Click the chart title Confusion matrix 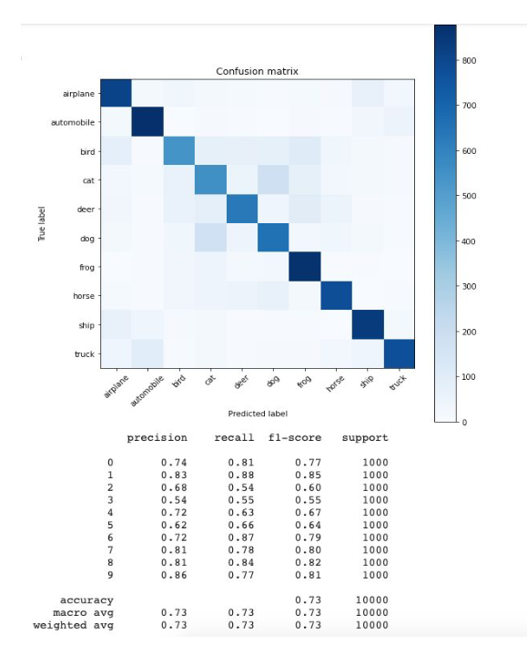[x=257, y=71]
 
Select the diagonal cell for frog [x=305, y=267]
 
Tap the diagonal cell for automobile [x=147, y=121]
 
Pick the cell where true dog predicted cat [x=210, y=238]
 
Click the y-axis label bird [x=87, y=151]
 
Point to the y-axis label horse [x=84, y=296]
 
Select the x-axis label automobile [x=147, y=391]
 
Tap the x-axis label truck [x=398, y=383]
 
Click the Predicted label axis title [x=258, y=414]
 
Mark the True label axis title [x=42, y=223]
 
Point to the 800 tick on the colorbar [x=469, y=60]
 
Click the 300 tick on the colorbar [x=469, y=287]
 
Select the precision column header [x=157, y=438]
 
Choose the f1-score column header [x=295, y=438]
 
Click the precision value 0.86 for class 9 [x=174, y=575]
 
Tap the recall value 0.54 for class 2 [x=241, y=487]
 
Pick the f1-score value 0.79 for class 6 [x=308, y=537]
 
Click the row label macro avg [x=83, y=613]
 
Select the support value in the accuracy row [x=371, y=600]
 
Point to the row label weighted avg [x=73, y=625]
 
